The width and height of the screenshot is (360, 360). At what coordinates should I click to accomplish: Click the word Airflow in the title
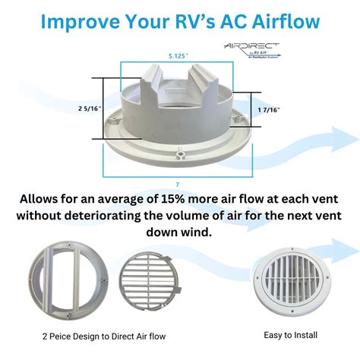tap(278, 20)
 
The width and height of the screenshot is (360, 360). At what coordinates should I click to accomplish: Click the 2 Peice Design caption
tap(103, 335)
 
